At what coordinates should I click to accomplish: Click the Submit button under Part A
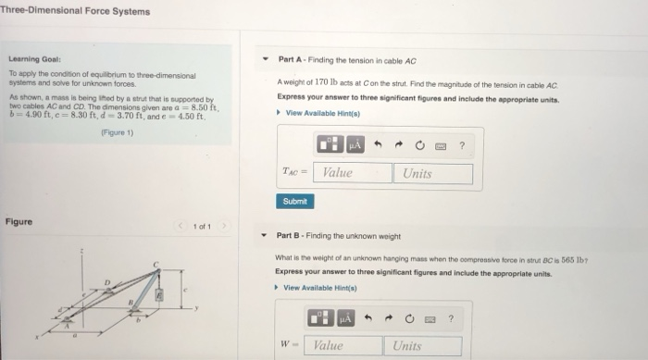click(293, 201)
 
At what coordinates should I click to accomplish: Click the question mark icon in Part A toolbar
click(461, 144)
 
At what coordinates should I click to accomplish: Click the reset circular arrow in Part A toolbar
click(418, 144)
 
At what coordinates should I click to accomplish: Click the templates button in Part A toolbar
click(330, 144)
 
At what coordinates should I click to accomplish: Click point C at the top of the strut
click(157, 267)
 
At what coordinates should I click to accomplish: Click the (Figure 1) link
click(117, 132)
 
